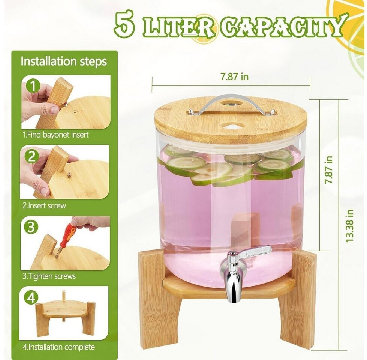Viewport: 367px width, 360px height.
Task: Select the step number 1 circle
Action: [33, 86]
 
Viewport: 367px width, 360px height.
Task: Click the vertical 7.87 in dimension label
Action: [328, 170]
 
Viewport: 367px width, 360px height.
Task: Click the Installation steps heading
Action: [64, 61]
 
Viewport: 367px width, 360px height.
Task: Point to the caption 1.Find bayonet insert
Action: [56, 135]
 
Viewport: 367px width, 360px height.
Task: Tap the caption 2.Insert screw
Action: [44, 206]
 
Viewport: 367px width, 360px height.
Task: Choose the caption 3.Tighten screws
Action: [49, 276]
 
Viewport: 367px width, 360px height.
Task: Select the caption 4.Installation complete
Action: [59, 347]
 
